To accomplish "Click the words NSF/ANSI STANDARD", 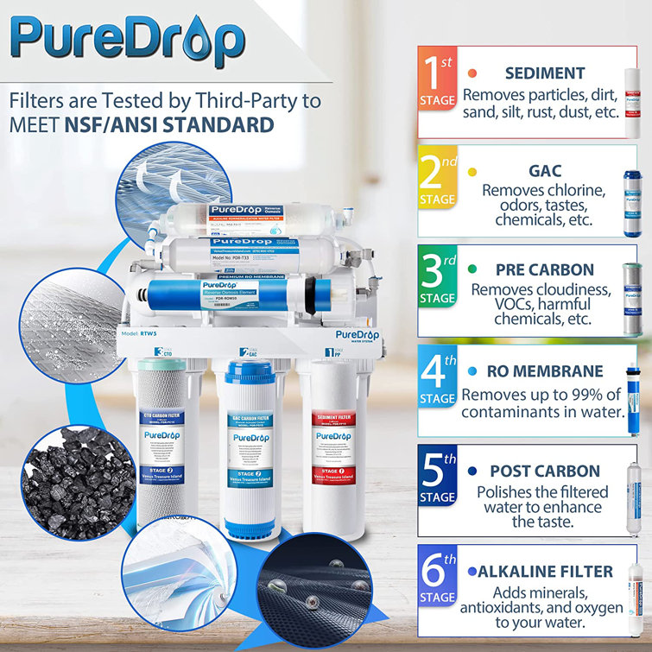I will (x=170, y=125).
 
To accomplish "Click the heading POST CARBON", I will (x=545, y=472).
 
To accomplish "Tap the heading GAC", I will (x=545, y=171).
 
